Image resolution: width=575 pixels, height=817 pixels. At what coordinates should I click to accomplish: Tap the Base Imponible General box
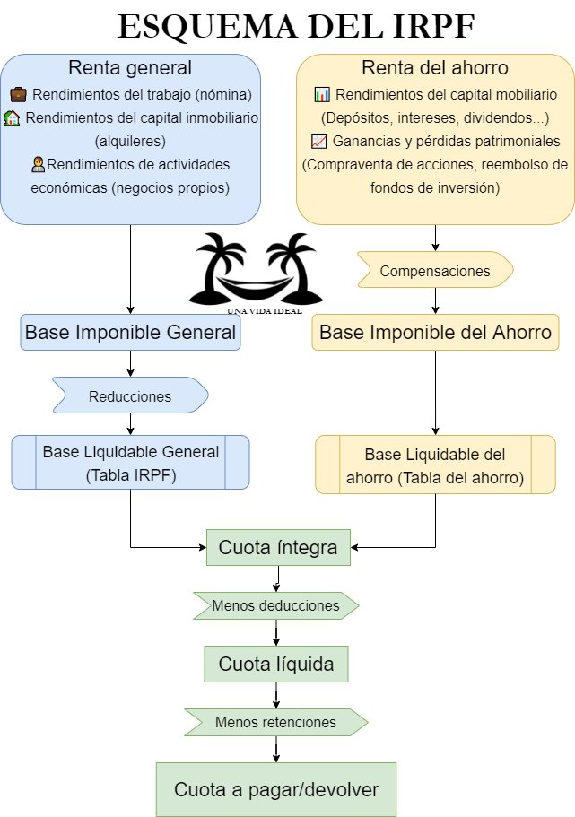(131, 332)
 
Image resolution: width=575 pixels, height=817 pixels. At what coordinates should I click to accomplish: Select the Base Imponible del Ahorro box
(435, 332)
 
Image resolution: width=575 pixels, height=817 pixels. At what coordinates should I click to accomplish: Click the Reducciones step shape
(131, 395)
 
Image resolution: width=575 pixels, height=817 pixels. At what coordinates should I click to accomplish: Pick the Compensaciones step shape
(435, 270)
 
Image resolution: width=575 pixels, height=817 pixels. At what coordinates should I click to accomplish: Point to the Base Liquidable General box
(131, 463)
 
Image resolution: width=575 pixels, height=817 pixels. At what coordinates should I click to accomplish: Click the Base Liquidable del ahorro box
(435, 465)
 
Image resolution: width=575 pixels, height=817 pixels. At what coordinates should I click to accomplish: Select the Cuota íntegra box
(278, 548)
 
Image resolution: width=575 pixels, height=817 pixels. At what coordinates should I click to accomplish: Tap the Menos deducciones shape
(275, 605)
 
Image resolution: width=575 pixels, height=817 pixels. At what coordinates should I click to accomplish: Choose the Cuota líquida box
(276, 665)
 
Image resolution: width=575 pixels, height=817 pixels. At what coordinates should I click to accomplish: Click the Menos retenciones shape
(275, 722)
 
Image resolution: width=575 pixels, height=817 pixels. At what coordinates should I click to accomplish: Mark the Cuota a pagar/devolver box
(276, 789)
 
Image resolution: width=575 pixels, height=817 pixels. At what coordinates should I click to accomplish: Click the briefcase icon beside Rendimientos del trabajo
(18, 94)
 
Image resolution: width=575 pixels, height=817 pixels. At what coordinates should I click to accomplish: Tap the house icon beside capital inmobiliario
(13, 117)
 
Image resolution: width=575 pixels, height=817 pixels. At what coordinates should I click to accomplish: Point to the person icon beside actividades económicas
(38, 164)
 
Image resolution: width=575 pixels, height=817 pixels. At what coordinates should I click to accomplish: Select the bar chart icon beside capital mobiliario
(322, 94)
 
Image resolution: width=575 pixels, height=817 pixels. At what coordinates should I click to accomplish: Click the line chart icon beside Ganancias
(318, 141)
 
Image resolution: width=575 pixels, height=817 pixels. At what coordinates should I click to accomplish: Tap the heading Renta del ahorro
(435, 67)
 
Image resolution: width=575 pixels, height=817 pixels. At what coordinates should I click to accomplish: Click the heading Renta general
(131, 67)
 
